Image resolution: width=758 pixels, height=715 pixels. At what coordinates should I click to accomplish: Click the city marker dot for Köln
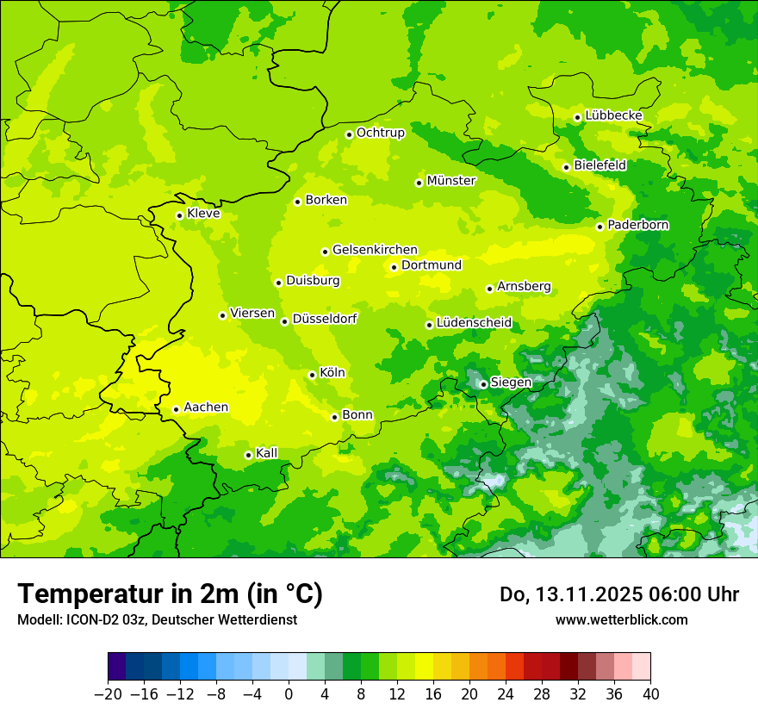tap(312, 375)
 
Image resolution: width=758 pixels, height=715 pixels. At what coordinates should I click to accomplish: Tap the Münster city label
tap(450, 181)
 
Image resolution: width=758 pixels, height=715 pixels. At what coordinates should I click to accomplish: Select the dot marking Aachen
tap(176, 409)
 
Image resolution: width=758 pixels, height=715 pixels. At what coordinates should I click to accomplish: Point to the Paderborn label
tap(637, 225)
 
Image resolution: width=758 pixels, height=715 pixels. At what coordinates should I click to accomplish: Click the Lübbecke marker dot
tap(577, 117)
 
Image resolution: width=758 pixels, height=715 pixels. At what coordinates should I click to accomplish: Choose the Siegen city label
tap(511, 382)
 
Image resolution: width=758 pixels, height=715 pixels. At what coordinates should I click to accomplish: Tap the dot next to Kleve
tap(179, 215)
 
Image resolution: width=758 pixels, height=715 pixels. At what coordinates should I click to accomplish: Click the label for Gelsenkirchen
tap(375, 250)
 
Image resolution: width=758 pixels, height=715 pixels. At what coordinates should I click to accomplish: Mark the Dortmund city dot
tap(394, 267)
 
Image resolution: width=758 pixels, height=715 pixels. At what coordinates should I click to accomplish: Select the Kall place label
tap(267, 453)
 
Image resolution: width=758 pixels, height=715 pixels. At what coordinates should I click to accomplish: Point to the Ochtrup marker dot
tap(349, 134)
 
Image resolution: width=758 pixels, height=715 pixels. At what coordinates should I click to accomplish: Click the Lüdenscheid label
tap(474, 323)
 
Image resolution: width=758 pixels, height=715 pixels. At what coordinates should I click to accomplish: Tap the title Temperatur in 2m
tap(170, 594)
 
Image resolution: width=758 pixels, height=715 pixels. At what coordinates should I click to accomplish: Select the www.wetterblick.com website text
tap(621, 619)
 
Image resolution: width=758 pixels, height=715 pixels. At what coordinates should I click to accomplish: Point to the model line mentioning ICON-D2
tap(157, 619)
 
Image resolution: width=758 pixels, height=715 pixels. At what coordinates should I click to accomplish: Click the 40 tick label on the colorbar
tap(650, 694)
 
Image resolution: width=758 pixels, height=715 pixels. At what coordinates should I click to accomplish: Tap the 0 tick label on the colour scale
tap(289, 694)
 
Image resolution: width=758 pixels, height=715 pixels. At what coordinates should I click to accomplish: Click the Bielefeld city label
tap(600, 165)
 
